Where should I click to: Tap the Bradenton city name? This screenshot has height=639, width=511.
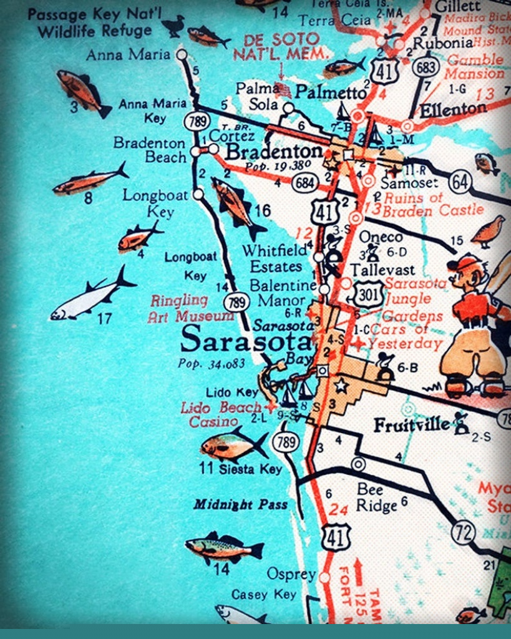tap(274, 152)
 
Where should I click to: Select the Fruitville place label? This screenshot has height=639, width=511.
tap(411, 426)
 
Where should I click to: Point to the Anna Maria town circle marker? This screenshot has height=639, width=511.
tap(182, 55)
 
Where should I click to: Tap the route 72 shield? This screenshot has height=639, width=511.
tap(462, 532)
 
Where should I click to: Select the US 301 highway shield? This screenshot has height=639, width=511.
tap(367, 293)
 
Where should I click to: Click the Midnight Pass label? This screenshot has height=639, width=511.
tap(240, 504)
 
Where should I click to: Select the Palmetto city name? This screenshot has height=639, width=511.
tap(331, 92)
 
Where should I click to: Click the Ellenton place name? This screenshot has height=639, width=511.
tap(453, 110)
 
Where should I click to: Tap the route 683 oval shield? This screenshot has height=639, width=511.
tap(425, 66)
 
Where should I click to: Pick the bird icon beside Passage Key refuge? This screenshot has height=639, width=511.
tap(173, 26)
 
